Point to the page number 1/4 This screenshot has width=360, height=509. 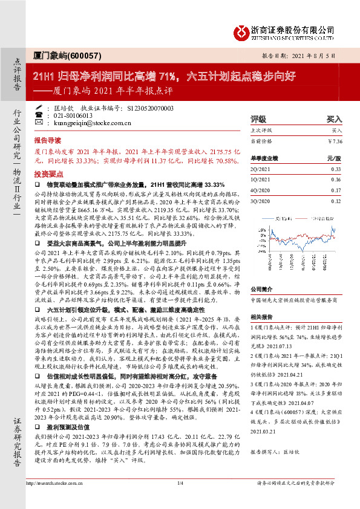pos(180,500)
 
